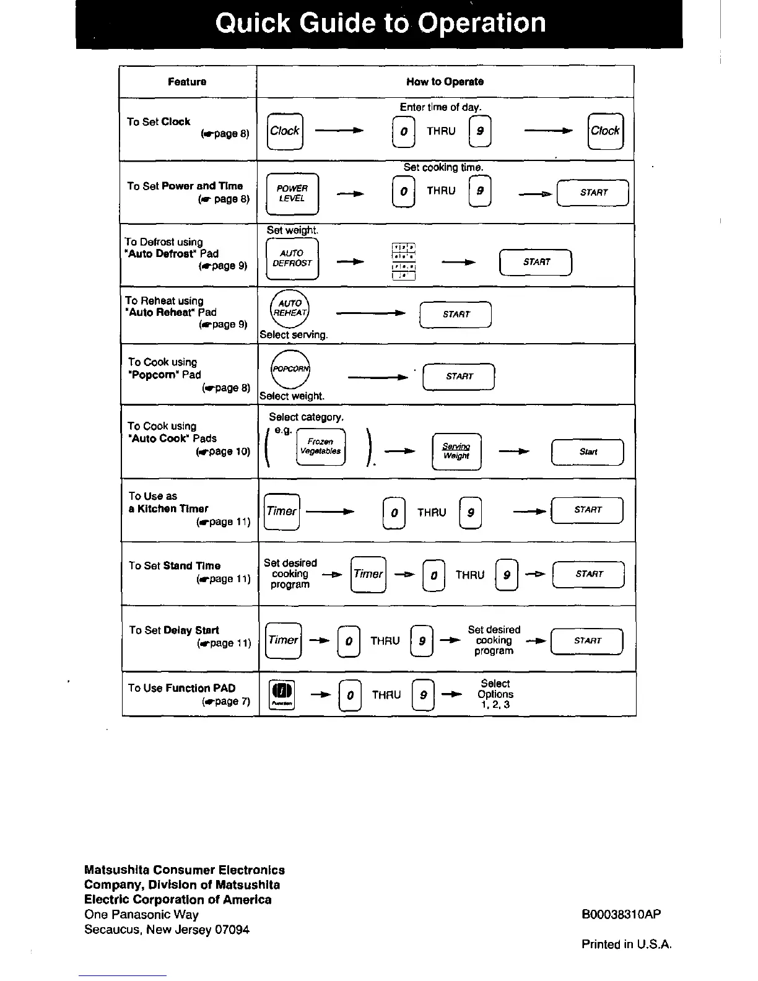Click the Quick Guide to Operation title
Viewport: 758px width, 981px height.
pos(380,24)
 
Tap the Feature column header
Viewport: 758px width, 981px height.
pos(187,82)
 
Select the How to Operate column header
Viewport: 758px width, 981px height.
pos(445,82)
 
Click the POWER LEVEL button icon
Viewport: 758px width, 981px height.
pos(292,193)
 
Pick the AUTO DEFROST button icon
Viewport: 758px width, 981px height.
pos(292,258)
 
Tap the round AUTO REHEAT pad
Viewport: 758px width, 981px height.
pos(290,308)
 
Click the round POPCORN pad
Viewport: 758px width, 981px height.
pos(290,368)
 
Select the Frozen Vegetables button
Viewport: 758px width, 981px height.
pos(320,447)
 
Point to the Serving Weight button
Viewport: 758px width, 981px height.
pos(456,451)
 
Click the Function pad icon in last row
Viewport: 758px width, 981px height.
pos(282,695)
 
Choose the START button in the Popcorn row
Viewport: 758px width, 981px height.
pos(459,377)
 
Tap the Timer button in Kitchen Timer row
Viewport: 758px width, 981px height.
pos(282,512)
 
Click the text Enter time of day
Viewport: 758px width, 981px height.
pos(440,107)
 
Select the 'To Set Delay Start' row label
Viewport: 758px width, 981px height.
pos(174,630)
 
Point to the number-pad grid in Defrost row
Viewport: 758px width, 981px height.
pos(403,261)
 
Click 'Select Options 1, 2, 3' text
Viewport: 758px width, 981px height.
pos(495,694)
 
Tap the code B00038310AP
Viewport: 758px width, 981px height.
pos(621,915)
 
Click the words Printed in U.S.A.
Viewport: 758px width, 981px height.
pos(626,944)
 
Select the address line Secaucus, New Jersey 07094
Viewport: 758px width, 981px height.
pos(167,930)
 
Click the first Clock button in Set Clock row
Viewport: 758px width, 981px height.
pos(285,131)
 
